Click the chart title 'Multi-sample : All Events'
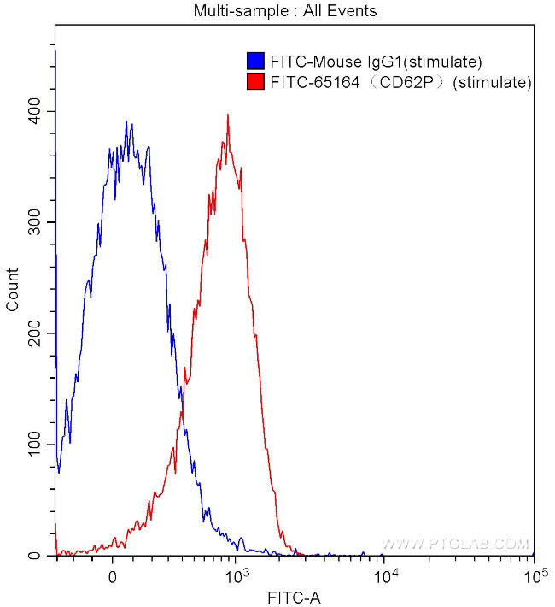(x=284, y=11)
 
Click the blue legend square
(x=254, y=62)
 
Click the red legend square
(x=254, y=82)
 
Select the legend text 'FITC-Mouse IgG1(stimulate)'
(x=377, y=62)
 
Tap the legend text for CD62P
(x=400, y=82)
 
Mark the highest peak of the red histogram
(x=228, y=115)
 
